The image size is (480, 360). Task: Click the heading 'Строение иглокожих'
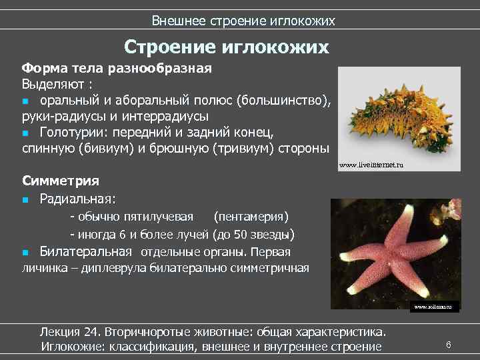[x=227, y=47]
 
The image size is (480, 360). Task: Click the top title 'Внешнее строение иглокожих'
[x=243, y=21]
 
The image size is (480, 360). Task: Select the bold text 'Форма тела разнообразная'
[x=117, y=69]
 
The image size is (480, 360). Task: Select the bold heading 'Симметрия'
[x=61, y=181]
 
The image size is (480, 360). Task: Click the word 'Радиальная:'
[x=77, y=198]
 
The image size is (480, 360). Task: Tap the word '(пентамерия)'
[x=251, y=217]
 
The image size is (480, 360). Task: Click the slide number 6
[x=449, y=345]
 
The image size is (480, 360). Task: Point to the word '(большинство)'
[x=291, y=100]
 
